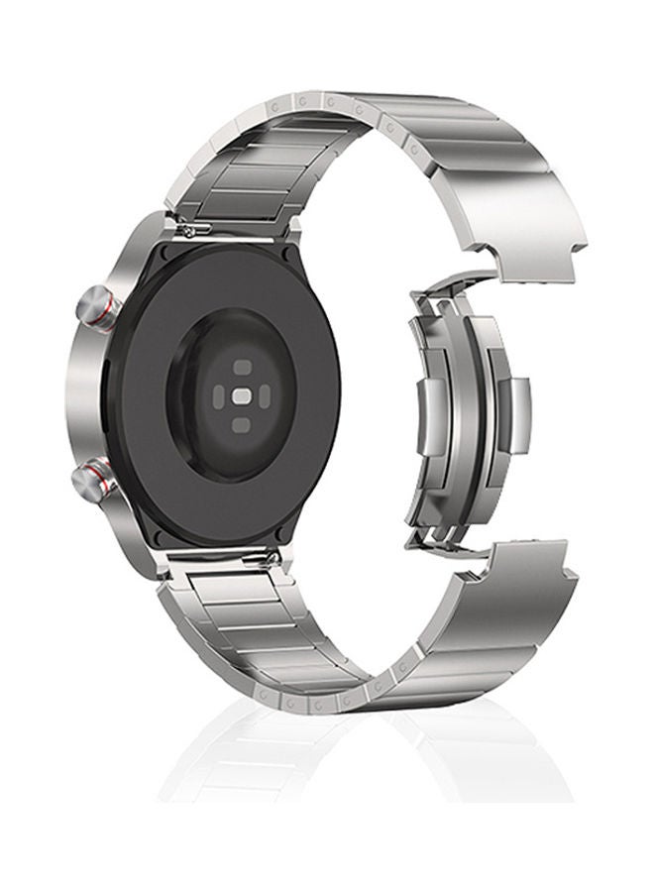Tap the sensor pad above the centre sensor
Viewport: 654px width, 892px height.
(x=241, y=367)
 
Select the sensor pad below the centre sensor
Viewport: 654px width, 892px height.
(x=241, y=425)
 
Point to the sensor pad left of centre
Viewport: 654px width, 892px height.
(x=214, y=395)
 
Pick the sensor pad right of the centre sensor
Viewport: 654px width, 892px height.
(x=268, y=395)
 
